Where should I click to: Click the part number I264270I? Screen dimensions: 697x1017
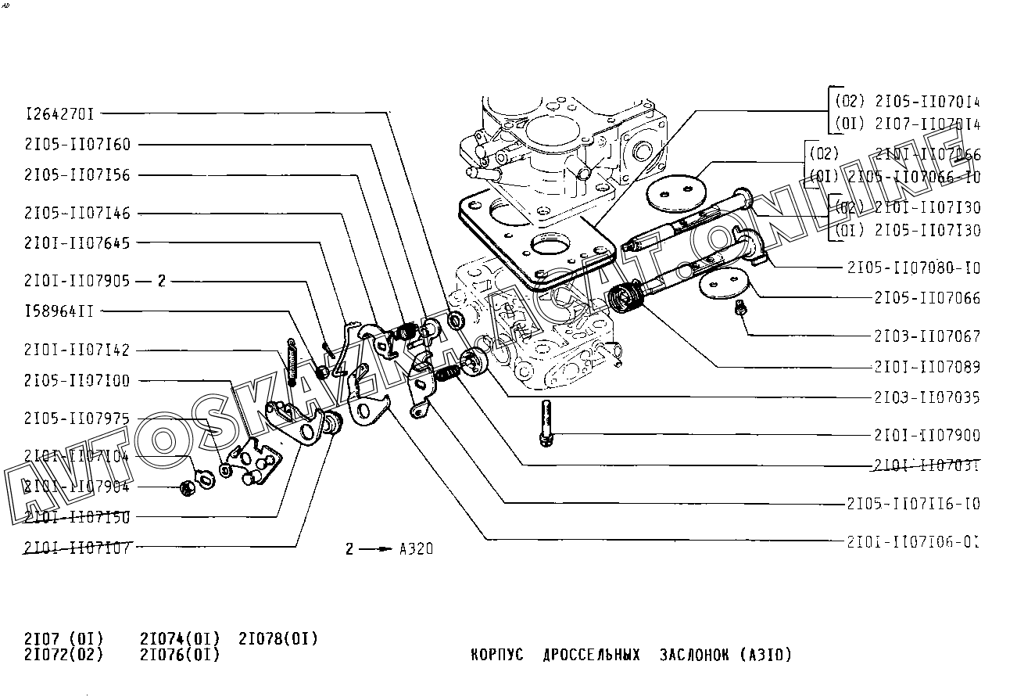point(59,114)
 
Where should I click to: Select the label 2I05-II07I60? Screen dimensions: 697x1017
point(77,145)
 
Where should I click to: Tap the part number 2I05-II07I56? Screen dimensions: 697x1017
point(77,175)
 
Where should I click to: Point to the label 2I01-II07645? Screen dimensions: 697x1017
point(77,243)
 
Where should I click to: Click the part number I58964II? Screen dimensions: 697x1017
point(59,311)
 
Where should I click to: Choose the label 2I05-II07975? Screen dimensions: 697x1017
point(77,419)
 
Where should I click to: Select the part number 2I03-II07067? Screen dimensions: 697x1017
point(926,336)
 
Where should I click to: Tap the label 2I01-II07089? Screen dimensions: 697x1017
point(926,367)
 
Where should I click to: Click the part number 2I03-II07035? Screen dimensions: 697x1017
point(926,397)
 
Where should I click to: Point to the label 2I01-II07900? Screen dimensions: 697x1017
point(926,435)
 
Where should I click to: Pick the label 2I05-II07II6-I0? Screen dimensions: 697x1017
point(913,504)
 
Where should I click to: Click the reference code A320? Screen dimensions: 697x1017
point(416,549)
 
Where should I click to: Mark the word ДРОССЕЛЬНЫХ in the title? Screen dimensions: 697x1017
point(591,654)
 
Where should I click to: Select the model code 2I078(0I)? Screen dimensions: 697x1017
point(278,638)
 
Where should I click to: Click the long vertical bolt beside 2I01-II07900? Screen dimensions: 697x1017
point(545,422)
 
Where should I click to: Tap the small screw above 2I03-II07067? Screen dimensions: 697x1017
point(739,311)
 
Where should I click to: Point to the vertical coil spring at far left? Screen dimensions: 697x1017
point(292,362)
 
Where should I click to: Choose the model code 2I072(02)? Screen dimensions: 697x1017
point(63,654)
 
